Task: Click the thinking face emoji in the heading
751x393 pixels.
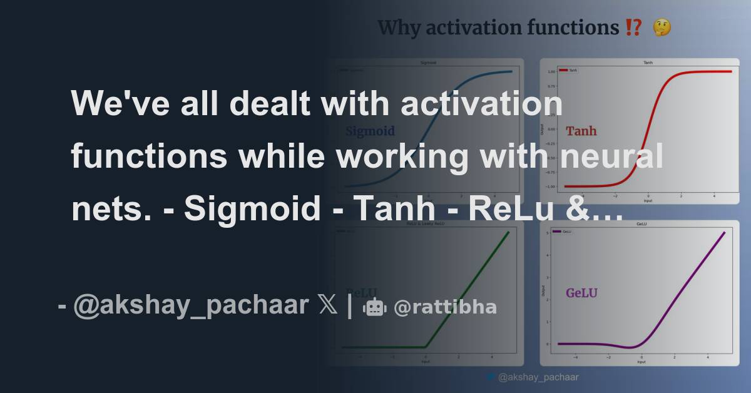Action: pos(662,28)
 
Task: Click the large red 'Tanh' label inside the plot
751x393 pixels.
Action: pos(581,131)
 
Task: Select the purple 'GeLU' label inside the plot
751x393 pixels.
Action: pos(581,293)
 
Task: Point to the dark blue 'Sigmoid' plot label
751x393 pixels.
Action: pos(370,131)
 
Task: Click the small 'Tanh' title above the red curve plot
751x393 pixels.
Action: pos(647,64)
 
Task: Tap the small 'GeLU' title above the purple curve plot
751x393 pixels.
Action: pos(641,223)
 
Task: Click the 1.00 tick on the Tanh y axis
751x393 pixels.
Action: pos(551,72)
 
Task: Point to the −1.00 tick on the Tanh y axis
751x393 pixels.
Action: pos(550,186)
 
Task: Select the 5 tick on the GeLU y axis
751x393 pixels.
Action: pos(549,233)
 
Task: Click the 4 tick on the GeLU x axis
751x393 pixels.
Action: pos(708,358)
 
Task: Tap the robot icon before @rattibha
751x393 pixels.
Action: pos(375,307)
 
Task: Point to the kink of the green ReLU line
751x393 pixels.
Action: pos(425,347)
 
